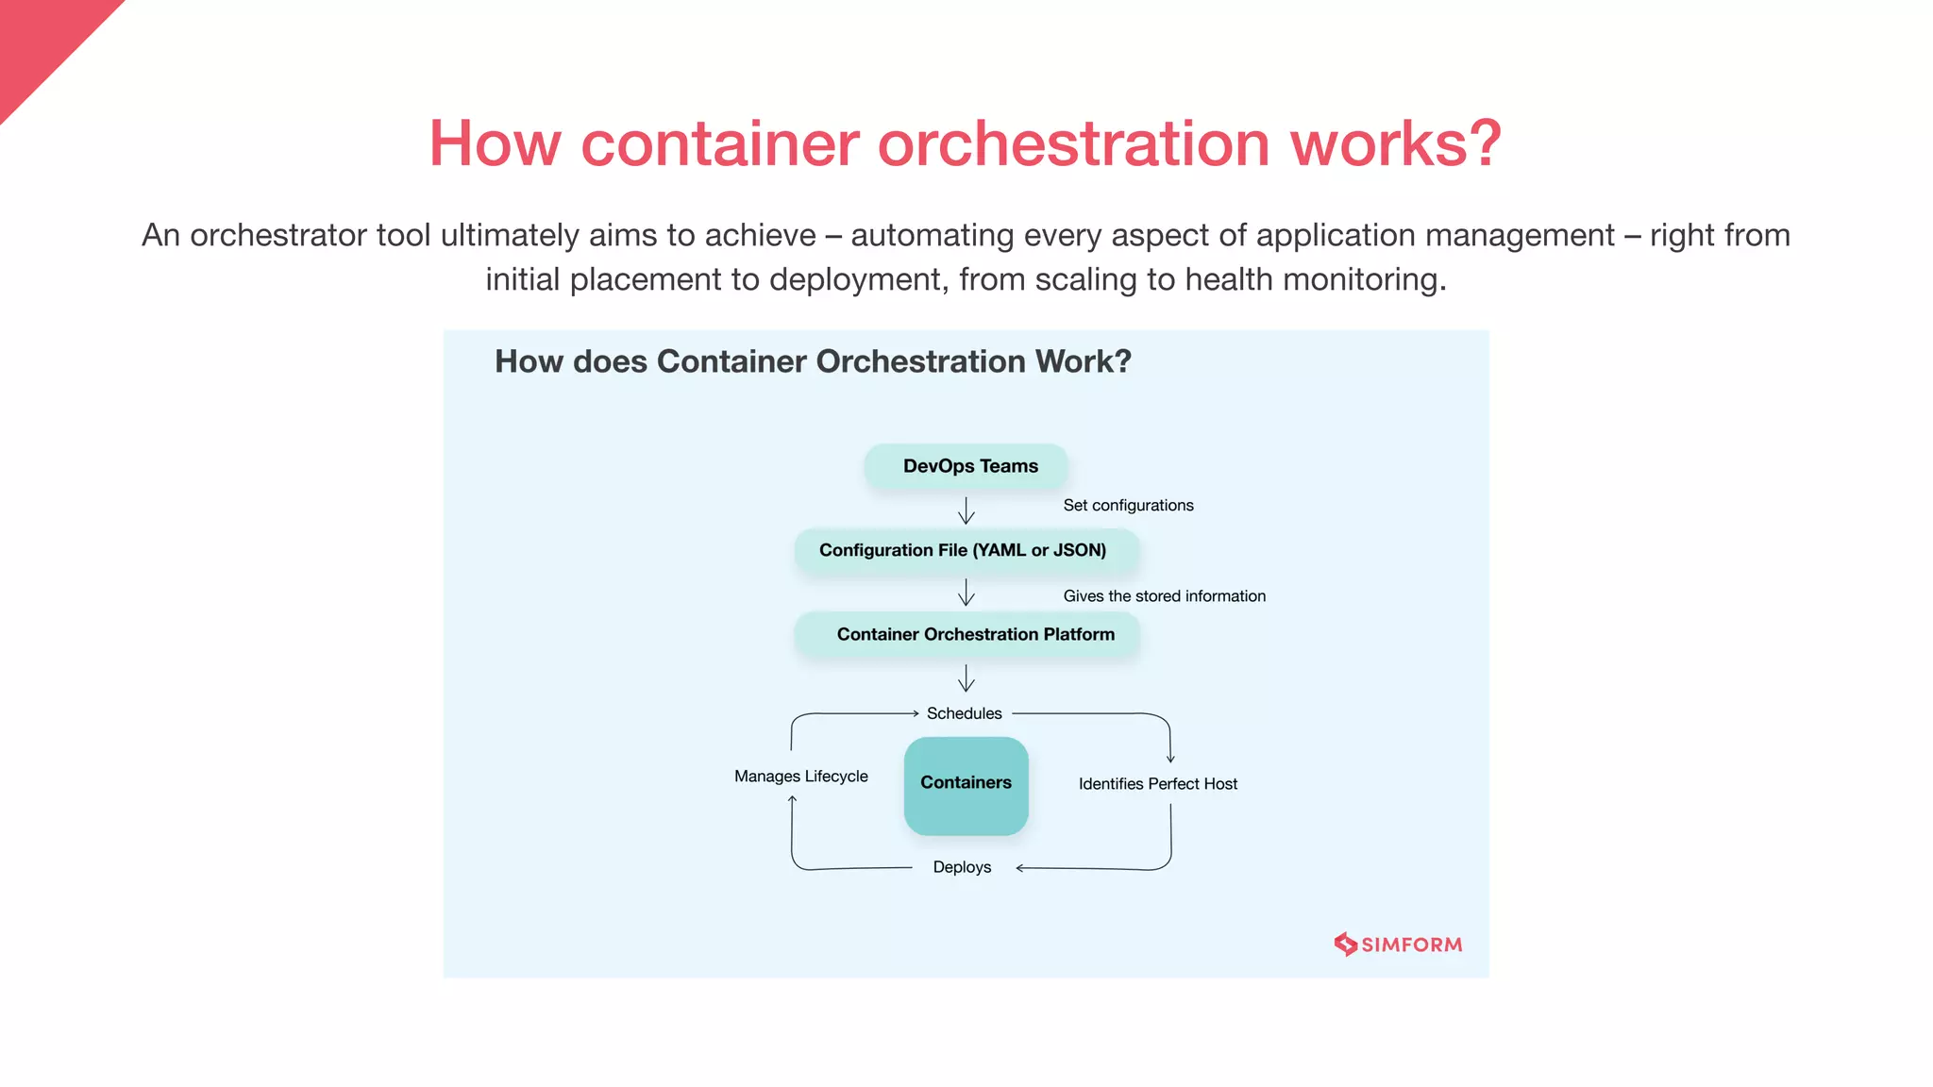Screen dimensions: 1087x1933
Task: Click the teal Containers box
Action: (966, 784)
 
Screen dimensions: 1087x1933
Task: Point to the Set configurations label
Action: (1128, 506)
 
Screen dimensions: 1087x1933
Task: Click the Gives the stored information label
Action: (1164, 596)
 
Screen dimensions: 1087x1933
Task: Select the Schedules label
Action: (964, 713)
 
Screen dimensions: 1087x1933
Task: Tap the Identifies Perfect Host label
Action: (1157, 784)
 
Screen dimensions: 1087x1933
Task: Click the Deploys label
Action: (962, 867)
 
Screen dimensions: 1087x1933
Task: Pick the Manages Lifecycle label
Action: (800, 777)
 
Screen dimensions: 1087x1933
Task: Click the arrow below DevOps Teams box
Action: (966, 511)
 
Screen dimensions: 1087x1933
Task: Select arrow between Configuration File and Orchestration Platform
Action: (966, 593)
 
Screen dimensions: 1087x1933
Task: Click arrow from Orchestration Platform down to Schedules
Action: (966, 678)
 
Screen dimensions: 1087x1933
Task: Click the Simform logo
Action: (1398, 945)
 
